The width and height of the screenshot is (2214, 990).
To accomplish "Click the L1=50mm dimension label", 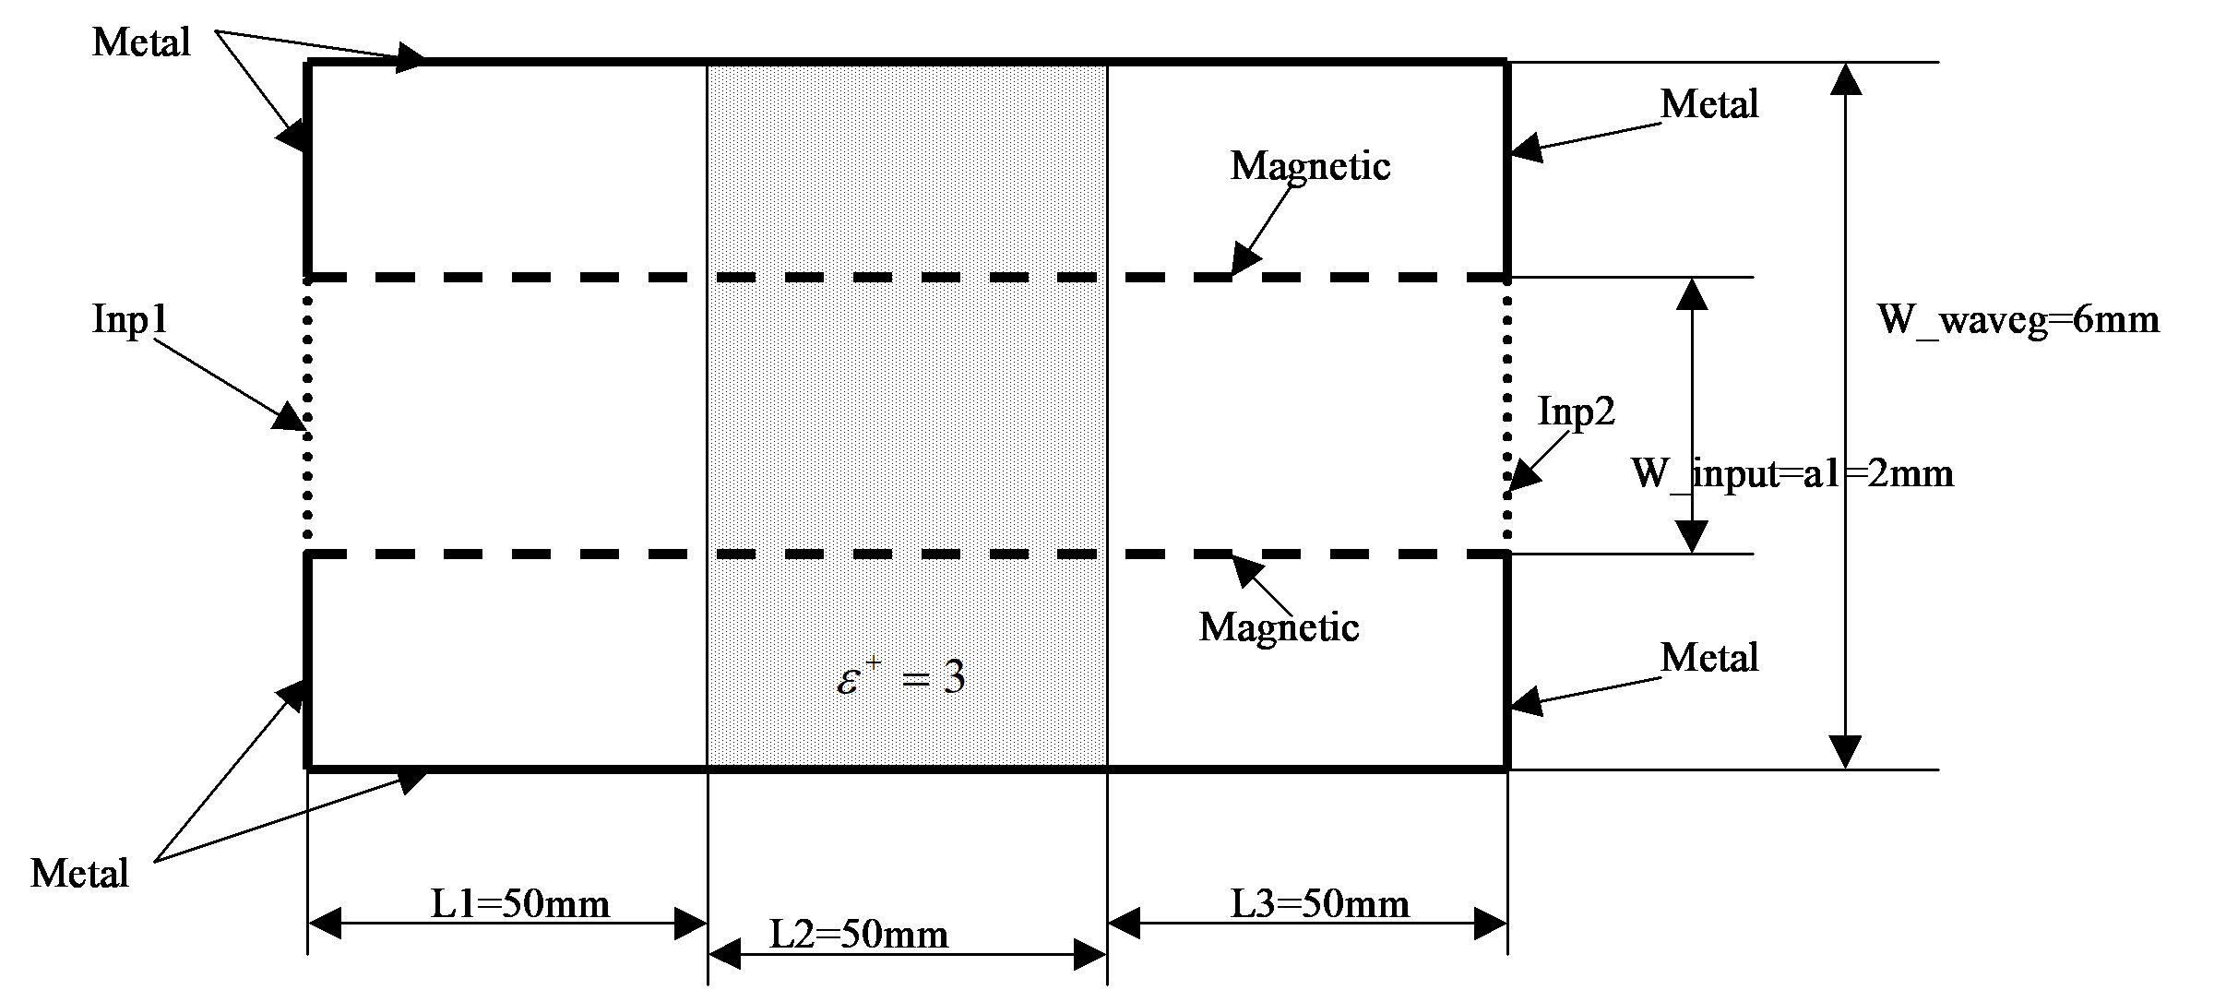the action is (x=520, y=904).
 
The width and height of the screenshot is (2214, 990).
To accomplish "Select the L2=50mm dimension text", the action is (x=859, y=936).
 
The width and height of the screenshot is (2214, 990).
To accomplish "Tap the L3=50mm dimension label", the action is (x=1320, y=904).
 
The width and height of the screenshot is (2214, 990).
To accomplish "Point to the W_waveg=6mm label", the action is (x=2018, y=320).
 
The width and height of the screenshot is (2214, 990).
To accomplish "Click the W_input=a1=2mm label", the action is (x=1792, y=474).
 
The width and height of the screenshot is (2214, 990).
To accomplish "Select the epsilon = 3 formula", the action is (x=900, y=679).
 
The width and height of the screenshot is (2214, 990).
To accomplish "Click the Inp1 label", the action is (x=130, y=320).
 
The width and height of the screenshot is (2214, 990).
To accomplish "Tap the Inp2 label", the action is (x=1577, y=412).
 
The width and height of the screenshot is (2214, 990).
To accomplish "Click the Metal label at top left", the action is (x=141, y=42).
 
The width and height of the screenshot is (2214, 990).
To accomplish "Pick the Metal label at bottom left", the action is (x=79, y=874).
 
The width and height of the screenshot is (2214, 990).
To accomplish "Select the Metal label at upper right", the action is (x=1709, y=104).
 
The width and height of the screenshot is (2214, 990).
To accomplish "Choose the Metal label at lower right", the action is (x=1709, y=658).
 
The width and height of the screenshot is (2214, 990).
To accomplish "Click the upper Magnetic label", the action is (x=1310, y=166).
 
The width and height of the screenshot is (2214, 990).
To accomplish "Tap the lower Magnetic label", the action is (x=1279, y=627).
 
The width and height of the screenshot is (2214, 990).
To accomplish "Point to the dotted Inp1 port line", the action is (x=307, y=415).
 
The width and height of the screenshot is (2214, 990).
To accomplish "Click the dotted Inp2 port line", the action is (x=1507, y=415).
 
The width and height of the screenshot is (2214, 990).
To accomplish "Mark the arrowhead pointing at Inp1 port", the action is (x=290, y=417).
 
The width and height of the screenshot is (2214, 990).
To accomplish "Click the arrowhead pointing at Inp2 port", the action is (x=1524, y=476).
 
